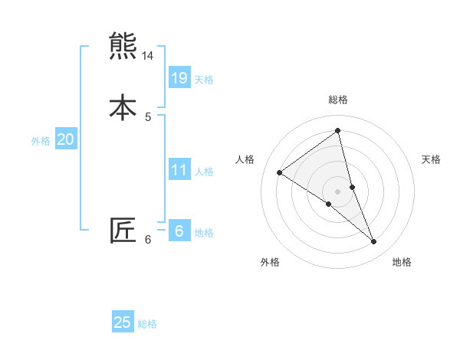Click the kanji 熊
(123, 47)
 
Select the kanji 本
(123, 106)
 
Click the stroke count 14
(148, 56)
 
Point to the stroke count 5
(148, 116)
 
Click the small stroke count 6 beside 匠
(148, 240)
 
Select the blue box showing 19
(179, 77)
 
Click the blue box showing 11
(179, 170)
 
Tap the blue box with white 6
(179, 231)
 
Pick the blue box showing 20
(65, 139)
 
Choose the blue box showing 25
(123, 322)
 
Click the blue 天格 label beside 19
(204, 80)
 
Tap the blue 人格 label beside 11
(204, 172)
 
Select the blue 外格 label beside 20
(41, 141)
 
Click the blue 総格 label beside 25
(147, 324)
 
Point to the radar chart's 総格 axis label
(337, 100)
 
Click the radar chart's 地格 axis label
(402, 262)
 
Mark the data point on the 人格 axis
(279, 172)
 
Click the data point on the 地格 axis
(374, 242)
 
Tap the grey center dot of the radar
(337, 191)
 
